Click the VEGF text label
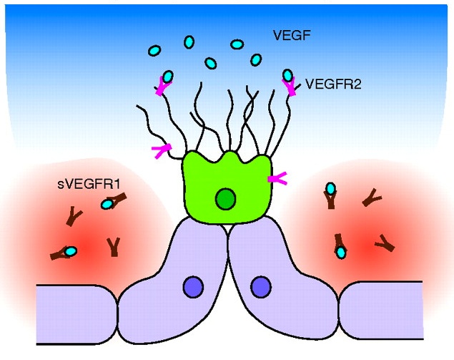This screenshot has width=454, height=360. (292, 34)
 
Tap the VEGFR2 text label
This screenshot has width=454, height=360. (333, 84)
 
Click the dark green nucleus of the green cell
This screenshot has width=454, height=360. (226, 198)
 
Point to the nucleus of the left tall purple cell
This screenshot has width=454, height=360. (193, 287)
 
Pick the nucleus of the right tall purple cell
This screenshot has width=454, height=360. (260, 287)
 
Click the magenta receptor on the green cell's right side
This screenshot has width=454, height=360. (275, 180)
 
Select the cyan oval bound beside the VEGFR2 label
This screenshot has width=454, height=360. (287, 75)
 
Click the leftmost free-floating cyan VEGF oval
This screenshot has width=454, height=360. (154, 50)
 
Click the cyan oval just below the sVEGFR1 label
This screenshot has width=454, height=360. (107, 204)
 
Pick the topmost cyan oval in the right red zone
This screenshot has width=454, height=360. (330, 189)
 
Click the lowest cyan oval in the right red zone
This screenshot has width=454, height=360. (341, 252)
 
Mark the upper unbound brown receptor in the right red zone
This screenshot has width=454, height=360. (371, 198)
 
